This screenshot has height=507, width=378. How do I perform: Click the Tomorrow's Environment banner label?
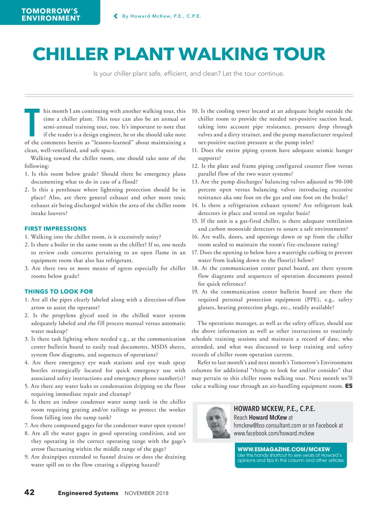[x=51, y=15]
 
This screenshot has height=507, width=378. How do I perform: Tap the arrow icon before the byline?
[x=116, y=16]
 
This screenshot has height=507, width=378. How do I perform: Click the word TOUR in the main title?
[x=299, y=54]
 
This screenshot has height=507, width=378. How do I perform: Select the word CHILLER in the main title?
[x=71, y=54]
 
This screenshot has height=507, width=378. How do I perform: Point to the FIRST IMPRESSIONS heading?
[x=55, y=229]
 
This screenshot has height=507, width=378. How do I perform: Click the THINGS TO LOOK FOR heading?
[x=59, y=292]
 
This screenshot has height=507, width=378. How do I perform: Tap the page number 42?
[x=30, y=492]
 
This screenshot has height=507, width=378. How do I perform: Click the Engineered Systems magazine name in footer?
[x=88, y=493]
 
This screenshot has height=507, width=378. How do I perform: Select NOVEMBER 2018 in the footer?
[x=146, y=493]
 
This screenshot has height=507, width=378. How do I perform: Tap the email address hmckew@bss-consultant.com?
[x=267, y=425]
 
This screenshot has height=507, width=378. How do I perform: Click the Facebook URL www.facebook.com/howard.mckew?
[x=274, y=433]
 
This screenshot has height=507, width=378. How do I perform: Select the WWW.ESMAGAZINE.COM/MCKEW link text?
[x=283, y=449]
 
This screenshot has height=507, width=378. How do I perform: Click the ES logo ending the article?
[x=349, y=386]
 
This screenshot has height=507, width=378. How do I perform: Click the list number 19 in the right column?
[x=195, y=292]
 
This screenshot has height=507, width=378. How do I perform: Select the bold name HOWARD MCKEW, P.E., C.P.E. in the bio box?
[x=274, y=409]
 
